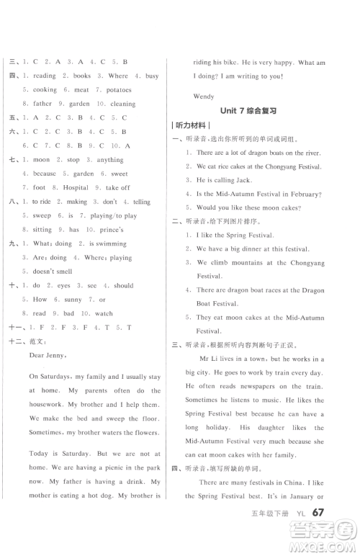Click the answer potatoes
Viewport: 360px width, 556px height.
point(117,90)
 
